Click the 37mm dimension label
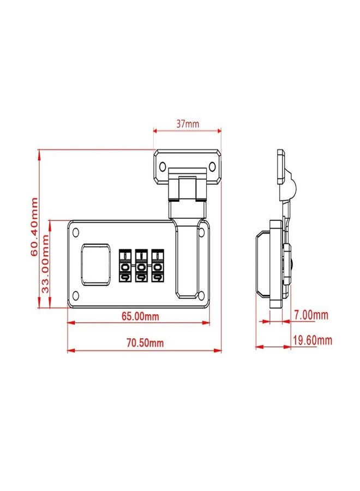[188, 124]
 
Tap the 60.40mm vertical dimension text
[34, 227]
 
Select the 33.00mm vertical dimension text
[46, 264]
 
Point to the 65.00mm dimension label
[140, 316]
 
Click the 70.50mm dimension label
[145, 343]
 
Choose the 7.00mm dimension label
[311, 315]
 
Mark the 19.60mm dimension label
[313, 340]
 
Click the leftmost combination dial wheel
[125, 266]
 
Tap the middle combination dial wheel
[141, 266]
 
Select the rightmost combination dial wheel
[158, 266]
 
